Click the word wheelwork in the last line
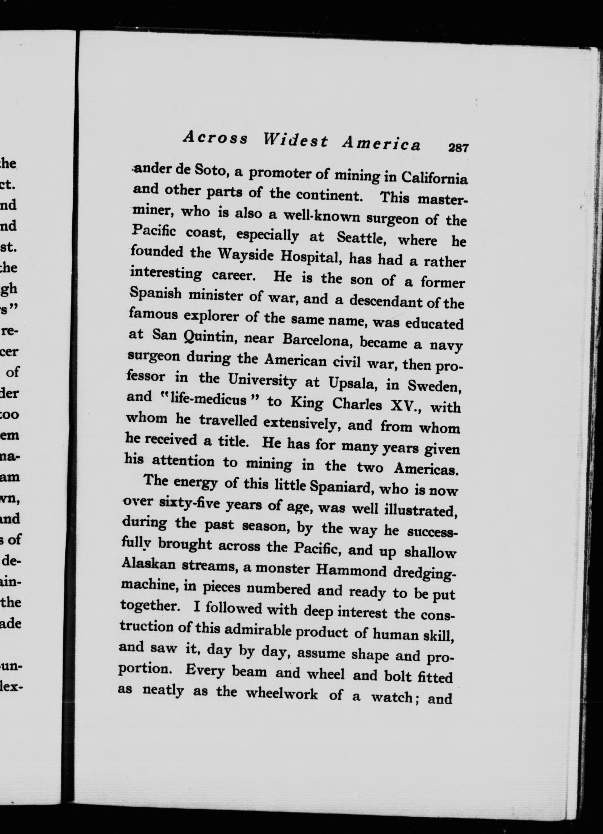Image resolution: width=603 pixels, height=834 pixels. (x=281, y=694)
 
